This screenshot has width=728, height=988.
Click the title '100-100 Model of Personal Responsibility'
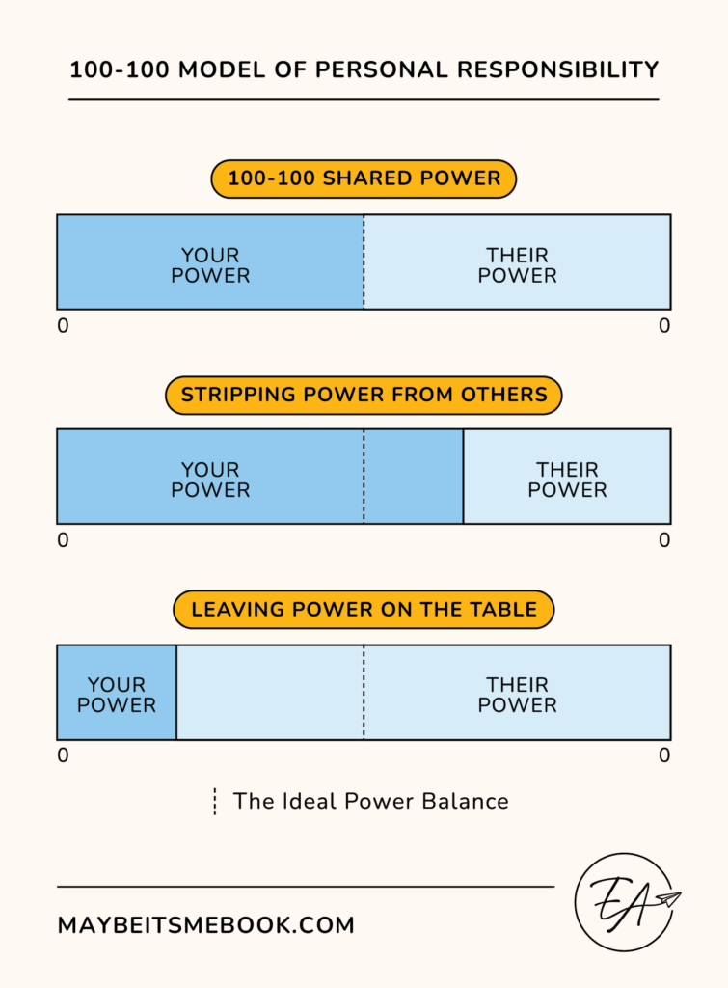364,70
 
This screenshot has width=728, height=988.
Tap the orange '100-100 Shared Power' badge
364,178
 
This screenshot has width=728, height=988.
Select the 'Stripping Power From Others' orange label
364,395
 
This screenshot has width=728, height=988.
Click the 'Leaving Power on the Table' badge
364,610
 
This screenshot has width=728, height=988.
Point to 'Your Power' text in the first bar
210,265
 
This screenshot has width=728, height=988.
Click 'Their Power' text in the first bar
517,265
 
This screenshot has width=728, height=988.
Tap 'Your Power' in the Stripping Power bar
210,480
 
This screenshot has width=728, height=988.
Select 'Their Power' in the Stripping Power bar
567,480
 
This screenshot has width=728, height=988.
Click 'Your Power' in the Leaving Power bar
117,695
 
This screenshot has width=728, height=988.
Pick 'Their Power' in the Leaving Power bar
517,695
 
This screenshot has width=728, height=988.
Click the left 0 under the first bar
64,326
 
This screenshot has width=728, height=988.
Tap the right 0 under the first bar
663,326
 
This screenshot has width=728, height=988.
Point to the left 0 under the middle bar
64,540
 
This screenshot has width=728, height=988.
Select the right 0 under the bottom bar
663,755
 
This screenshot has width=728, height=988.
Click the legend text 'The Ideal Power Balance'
370,801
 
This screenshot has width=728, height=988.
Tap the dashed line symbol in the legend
214,801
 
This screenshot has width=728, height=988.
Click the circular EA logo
624,901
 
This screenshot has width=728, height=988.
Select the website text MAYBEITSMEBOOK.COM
206,925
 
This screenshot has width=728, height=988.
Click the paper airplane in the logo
665,900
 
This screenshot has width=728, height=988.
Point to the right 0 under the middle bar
663,540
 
